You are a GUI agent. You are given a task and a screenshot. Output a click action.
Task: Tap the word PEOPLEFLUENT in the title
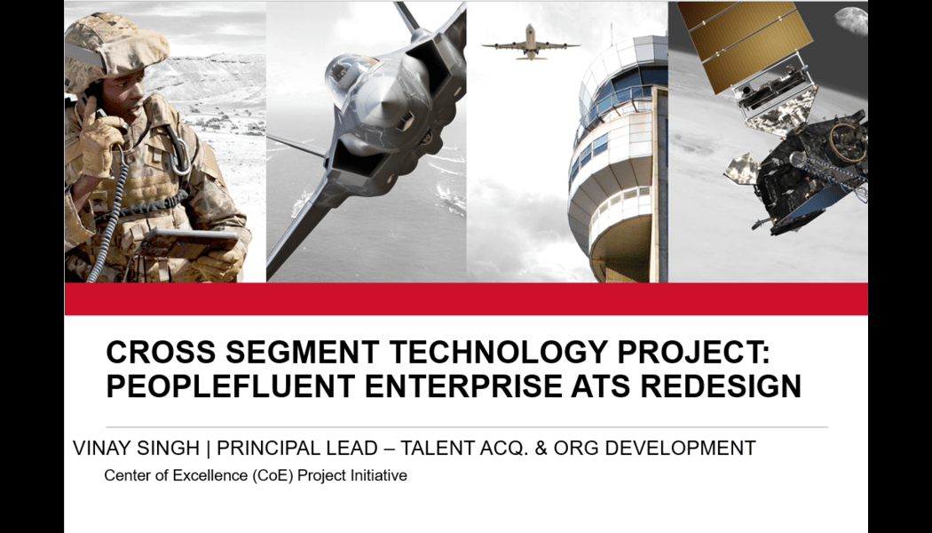pyautogui.click(x=231, y=386)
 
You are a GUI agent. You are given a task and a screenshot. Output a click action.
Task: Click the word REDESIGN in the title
pyautogui.click(x=721, y=386)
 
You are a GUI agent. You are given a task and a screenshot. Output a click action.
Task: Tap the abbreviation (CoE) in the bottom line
pyautogui.click(x=272, y=475)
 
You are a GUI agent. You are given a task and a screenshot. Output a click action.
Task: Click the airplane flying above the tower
pyautogui.click(x=530, y=43)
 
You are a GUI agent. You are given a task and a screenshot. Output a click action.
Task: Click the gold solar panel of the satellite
pyautogui.click(x=744, y=42)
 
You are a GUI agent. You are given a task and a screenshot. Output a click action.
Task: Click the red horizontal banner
pyautogui.click(x=466, y=298)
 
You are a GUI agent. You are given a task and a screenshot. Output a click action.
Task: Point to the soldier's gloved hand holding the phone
pyautogui.click(x=99, y=138)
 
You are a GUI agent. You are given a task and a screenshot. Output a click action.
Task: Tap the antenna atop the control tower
pyautogui.click(x=611, y=35)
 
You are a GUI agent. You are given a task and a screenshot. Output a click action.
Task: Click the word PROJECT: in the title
pyautogui.click(x=693, y=352)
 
